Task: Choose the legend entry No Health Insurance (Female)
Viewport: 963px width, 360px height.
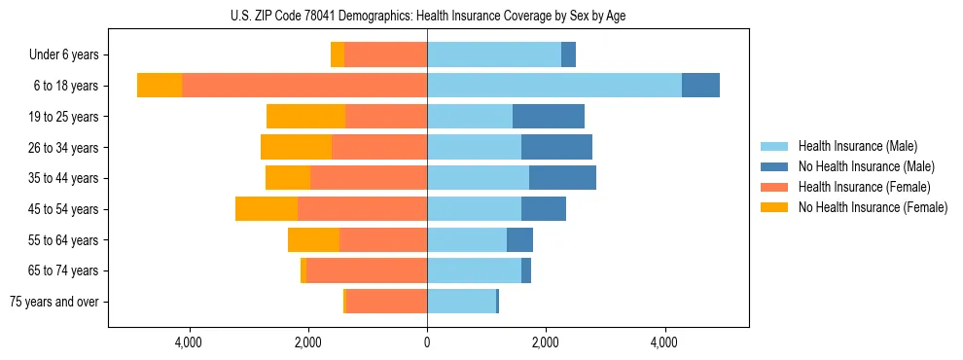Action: click(873, 207)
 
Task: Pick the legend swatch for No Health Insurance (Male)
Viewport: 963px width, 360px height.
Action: click(774, 166)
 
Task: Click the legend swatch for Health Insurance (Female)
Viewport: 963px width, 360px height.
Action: click(774, 187)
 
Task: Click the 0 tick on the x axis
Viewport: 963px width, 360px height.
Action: click(427, 342)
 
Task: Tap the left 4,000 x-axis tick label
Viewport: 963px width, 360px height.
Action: click(188, 342)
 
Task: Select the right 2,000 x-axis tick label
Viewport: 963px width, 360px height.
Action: click(546, 342)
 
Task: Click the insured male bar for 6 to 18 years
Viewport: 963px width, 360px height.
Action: click(554, 86)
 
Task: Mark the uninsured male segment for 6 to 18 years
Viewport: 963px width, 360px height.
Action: click(700, 86)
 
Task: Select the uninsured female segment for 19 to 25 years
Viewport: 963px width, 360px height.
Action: click(305, 117)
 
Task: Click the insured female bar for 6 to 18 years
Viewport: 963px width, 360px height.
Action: click(304, 86)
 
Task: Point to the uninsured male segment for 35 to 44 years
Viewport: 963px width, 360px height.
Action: click(562, 178)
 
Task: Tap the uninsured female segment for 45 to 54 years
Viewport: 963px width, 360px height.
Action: click(267, 209)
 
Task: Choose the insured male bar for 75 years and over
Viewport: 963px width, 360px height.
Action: click(461, 302)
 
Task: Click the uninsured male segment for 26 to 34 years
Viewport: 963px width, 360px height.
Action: click(556, 147)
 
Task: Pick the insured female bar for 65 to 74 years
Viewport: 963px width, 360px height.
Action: click(367, 270)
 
